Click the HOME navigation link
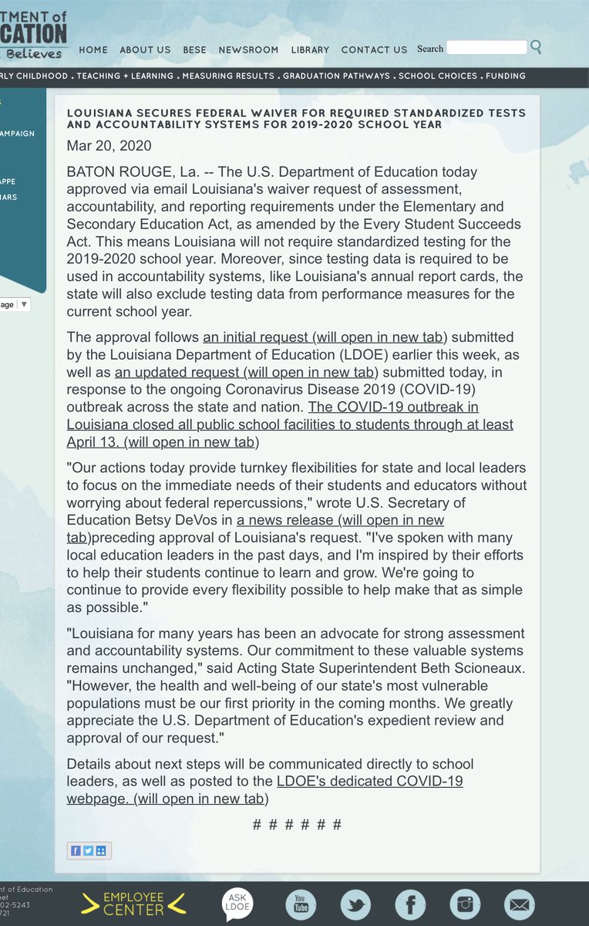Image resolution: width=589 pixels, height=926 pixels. coord(93,49)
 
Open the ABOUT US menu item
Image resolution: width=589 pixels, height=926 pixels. coord(145,49)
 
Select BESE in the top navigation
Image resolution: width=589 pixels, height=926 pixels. coord(194,49)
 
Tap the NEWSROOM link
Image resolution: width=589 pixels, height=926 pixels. coord(248,49)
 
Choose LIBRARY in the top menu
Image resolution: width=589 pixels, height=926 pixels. coord(310,49)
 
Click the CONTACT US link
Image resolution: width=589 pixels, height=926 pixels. coord(374,49)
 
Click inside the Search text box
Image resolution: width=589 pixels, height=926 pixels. coord(486,48)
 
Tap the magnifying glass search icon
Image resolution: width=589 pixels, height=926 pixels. coord(537,47)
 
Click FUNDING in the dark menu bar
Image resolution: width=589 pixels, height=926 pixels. coord(507,76)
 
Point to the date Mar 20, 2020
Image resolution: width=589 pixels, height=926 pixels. coord(109,146)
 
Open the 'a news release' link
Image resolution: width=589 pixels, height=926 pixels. coord(339,520)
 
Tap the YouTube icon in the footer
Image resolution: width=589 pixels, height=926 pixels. coord(300,904)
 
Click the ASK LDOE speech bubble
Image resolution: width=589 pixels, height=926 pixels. coord(237,904)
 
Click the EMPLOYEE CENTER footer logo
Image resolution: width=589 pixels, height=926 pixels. coord(134,904)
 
